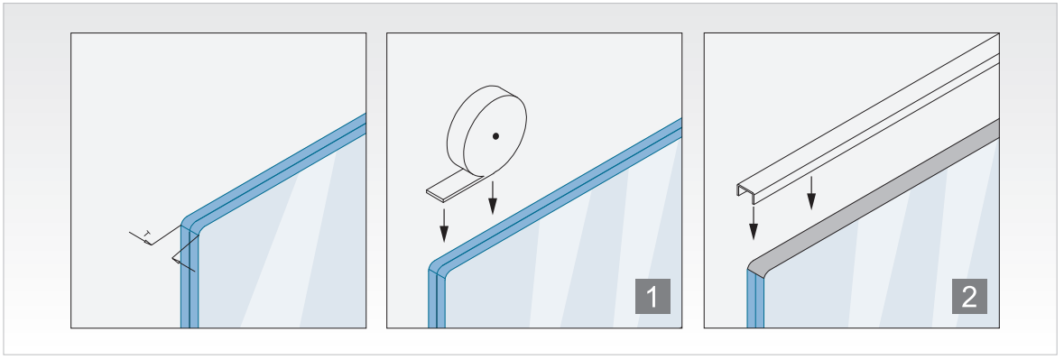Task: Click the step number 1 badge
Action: (652, 296)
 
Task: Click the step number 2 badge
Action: (969, 296)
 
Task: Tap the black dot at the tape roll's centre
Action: (496, 136)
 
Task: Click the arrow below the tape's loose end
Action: (444, 225)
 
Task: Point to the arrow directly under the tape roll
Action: (494, 198)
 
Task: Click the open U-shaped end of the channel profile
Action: (746, 192)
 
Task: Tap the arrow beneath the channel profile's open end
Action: (754, 223)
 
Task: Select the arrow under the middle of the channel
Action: (811, 192)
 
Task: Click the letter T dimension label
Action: (147, 234)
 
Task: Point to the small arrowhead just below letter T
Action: (147, 242)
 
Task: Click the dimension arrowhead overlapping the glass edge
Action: (176, 261)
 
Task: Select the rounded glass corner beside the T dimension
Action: (190, 224)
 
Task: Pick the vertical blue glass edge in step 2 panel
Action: (755, 299)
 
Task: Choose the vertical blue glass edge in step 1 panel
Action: (436, 299)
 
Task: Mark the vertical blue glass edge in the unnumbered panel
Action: (190, 277)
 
